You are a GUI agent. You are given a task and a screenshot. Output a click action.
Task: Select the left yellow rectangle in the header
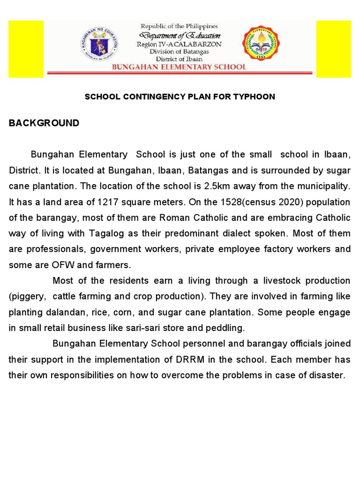pyautogui.click(x=26, y=49)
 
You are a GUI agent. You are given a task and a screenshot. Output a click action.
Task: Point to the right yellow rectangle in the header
pyautogui.click(x=333, y=49)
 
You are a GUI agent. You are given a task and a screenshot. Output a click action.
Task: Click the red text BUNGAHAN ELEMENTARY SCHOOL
pyautogui.click(x=179, y=67)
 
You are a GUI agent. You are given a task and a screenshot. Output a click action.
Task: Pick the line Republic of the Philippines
pyautogui.click(x=180, y=27)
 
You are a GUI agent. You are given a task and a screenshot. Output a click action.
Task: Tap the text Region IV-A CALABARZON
pyautogui.click(x=179, y=44)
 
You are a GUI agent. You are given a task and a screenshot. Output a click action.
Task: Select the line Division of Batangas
pyautogui.click(x=180, y=52)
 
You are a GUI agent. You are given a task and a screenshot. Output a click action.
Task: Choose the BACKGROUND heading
pyautogui.click(x=44, y=123)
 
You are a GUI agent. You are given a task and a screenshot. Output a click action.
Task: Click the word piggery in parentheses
pyautogui.click(x=29, y=296)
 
